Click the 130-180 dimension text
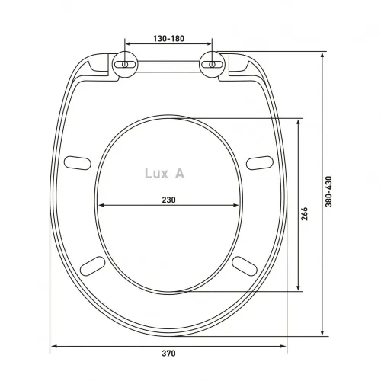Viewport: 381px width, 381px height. click(168, 38)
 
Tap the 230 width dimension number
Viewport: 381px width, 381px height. click(168, 200)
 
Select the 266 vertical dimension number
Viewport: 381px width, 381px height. click(306, 214)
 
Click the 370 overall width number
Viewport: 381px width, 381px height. click(168, 354)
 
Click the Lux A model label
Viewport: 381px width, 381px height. click(164, 173)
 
